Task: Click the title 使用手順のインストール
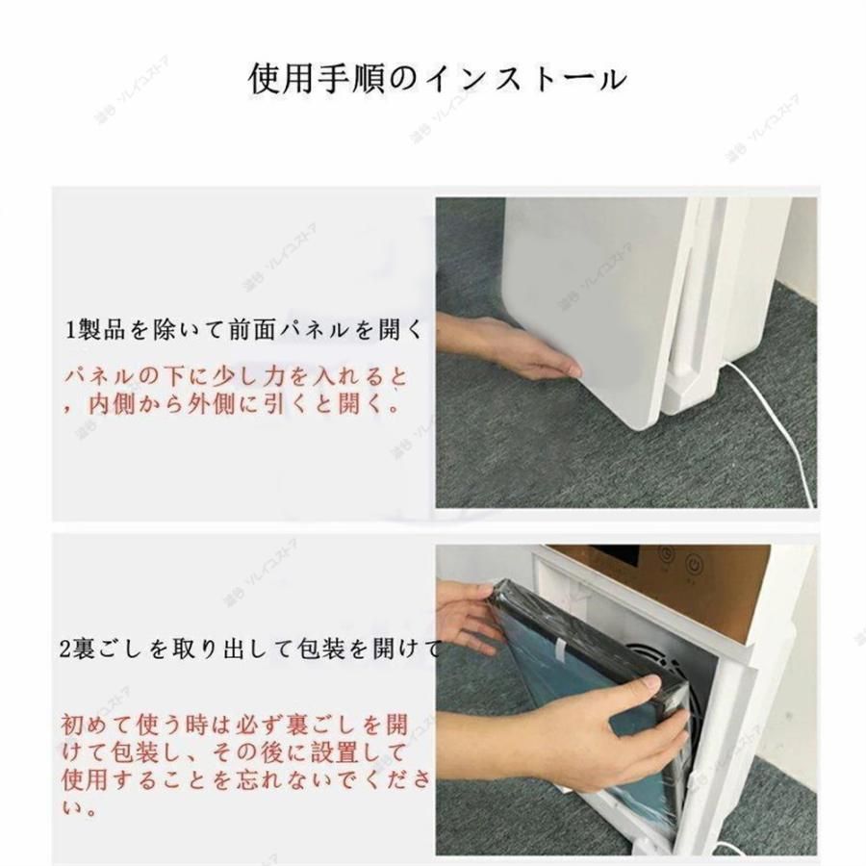pos(437,78)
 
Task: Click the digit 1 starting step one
pos(69,331)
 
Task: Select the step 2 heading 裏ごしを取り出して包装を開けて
pos(253,650)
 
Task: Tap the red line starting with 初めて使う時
pos(234,722)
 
